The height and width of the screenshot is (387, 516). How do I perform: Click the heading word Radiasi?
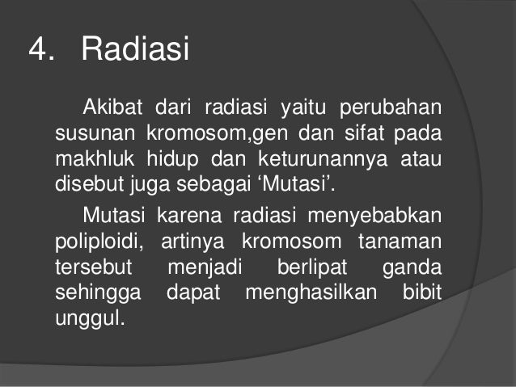134,51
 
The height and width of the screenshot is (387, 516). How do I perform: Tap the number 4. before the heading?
42,51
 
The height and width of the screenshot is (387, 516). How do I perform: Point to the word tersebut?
90,266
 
